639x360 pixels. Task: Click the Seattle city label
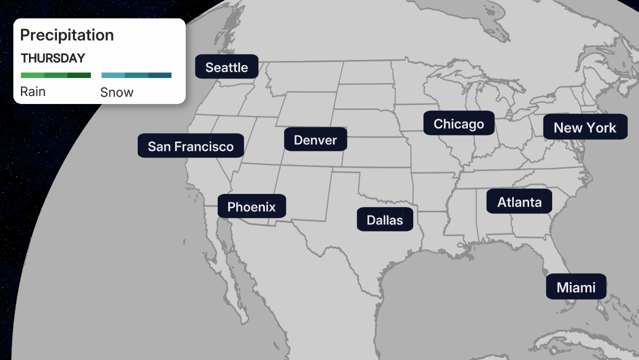pos(227,67)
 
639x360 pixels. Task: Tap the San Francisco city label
pos(191,146)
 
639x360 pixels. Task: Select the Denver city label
pos(315,139)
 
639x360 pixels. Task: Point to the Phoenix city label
pos(252,206)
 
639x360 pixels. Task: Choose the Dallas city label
pos(384,219)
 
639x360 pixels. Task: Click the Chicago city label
pos(459,123)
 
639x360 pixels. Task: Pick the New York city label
pos(585,127)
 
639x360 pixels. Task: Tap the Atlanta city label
pos(519,201)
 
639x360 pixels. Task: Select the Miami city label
pos(576,287)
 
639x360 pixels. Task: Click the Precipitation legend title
pos(67,35)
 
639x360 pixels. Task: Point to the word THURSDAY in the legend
pos(53,58)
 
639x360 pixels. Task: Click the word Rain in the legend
pos(33,91)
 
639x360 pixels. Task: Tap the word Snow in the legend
pos(117,92)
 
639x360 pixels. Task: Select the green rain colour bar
pos(56,75)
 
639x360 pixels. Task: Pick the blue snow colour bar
pos(136,75)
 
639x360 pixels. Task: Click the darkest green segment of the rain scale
pos(79,75)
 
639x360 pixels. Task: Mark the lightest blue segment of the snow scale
pos(113,75)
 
